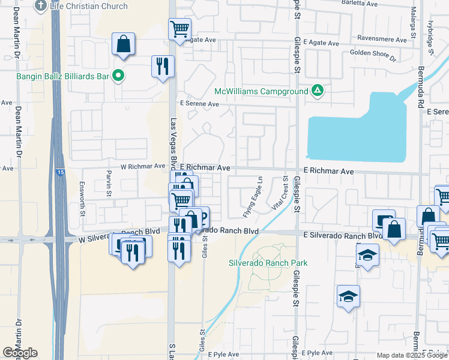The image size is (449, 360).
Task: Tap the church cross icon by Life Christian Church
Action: pos(41,6)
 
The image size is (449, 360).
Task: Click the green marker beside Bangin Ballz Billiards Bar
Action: pos(119,76)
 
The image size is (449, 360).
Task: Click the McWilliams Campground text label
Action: pos(261,92)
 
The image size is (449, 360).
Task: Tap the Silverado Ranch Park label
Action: pos(268,263)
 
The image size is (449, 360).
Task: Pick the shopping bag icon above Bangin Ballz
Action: pos(123,44)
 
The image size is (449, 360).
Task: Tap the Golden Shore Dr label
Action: pos(373,55)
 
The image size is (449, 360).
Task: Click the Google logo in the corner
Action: pos(20,353)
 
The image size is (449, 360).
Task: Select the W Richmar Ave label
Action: pos(142,166)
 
